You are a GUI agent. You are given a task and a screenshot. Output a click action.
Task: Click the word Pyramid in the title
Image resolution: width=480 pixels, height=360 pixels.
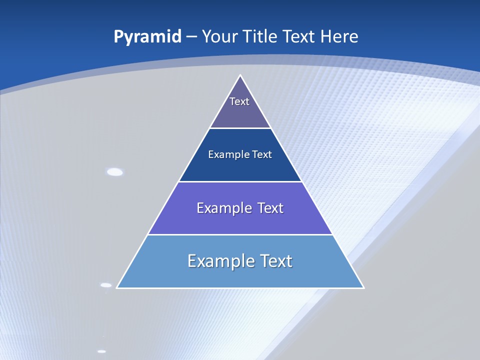tap(147, 37)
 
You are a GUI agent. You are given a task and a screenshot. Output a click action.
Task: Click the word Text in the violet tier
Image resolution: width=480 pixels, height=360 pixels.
tap(270, 208)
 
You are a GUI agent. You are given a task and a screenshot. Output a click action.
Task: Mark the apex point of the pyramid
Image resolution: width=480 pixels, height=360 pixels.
tap(240, 75)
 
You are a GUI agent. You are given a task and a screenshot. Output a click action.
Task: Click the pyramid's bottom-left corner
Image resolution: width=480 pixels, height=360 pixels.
tap(117, 288)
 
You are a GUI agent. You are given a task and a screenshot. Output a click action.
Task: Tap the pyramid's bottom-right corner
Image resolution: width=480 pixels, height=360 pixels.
tap(363, 288)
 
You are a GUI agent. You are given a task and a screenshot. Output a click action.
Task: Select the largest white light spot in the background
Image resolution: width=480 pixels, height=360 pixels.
tap(115, 172)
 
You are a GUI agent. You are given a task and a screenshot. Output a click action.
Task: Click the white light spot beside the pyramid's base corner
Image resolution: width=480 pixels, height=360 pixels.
tap(106, 285)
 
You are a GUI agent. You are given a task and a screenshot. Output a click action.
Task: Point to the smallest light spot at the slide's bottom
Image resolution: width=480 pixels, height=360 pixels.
tap(101, 351)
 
